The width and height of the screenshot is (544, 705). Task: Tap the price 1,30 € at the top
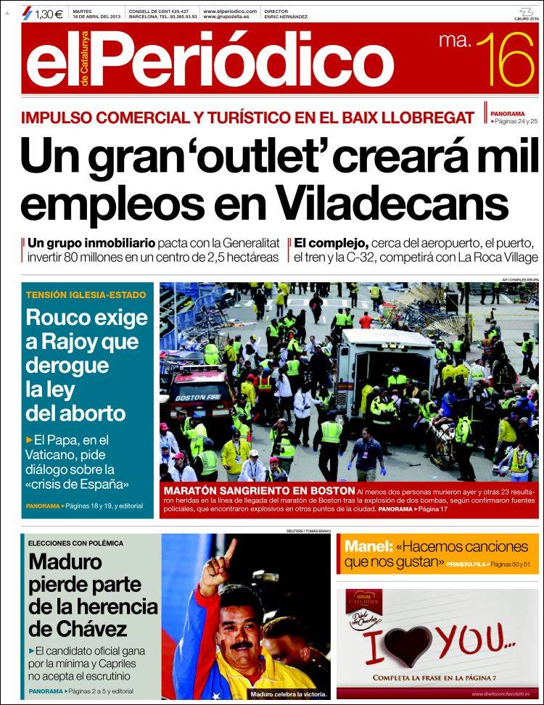pyautogui.click(x=49, y=12)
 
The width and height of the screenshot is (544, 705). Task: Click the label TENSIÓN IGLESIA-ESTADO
pyautogui.click(x=86, y=295)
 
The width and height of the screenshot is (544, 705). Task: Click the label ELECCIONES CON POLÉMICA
pyautogui.click(x=75, y=543)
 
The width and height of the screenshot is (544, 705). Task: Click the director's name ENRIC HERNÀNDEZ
pyautogui.click(x=287, y=16)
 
